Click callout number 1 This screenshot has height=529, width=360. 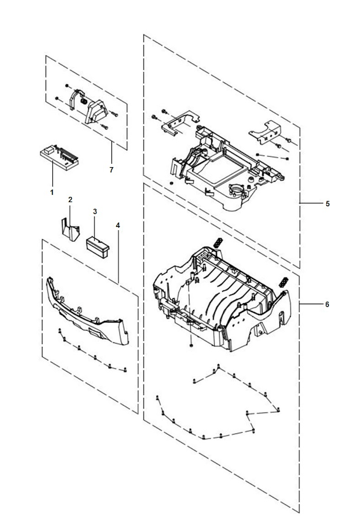coord(52,192)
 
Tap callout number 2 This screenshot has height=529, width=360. coord(70,200)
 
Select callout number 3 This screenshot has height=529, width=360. coord(95,211)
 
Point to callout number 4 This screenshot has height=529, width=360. coord(118,225)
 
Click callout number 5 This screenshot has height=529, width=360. coord(327,203)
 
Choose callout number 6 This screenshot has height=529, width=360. coord(327,305)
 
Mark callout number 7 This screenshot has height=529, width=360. coord(111,170)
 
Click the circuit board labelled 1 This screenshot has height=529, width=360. coord(59,157)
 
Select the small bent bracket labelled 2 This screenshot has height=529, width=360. coord(70,229)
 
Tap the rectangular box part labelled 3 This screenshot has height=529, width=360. coord(97,248)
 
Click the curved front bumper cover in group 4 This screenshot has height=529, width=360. coord(88,311)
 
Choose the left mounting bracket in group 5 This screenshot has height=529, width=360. coord(180,124)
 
